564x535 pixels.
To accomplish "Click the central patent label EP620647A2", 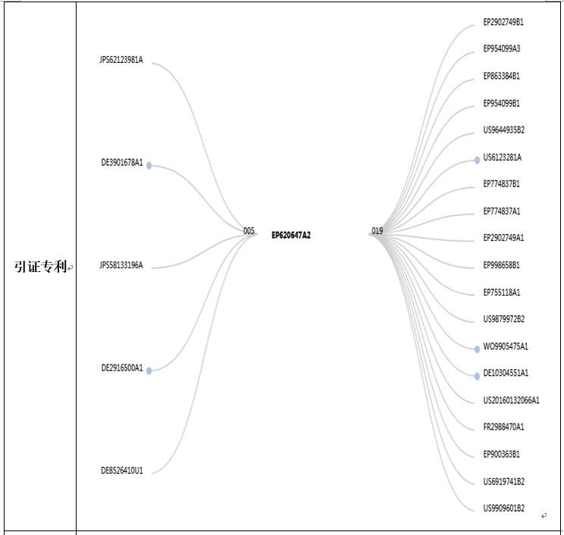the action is pos(291,235).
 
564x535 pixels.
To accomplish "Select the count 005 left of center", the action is pos(249,231).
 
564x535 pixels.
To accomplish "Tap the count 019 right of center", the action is pos(378,231).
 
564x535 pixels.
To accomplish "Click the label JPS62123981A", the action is pos(121,60).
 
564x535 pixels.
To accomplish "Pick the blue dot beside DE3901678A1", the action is pos(149,165).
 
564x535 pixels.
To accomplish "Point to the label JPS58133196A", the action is pos(121,265).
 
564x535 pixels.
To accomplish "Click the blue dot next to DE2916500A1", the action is pos(149,371).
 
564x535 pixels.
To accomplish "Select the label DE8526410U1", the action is pos(122,471).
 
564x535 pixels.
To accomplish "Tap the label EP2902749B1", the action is pos(503,22).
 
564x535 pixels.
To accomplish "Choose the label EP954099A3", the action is pos(501,49).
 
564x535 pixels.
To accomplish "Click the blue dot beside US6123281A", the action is pos(477,160).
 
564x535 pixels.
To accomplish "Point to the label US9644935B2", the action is pos(503,130).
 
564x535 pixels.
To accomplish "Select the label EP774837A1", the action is pos(501,211).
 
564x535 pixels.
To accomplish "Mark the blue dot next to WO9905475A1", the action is pos(477,349).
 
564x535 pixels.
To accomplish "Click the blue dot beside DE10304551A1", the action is pos(477,376).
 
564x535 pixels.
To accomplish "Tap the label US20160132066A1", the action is pos(511,401).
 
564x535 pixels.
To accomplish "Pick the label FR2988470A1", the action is pos(503,427).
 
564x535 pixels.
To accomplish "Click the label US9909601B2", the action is pos(503,508).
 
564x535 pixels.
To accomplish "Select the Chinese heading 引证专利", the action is pos(41,267).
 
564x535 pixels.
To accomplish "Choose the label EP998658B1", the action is pos(501,265).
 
